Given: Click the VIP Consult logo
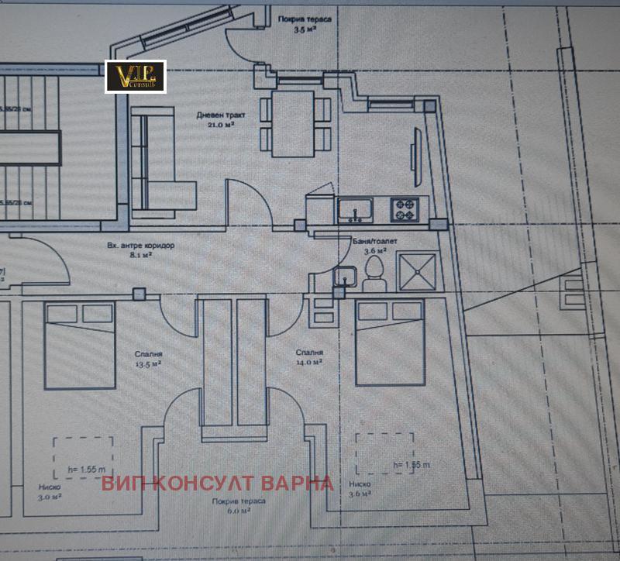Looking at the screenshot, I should pyautogui.click(x=135, y=77).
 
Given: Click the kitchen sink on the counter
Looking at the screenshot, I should pyautogui.click(x=355, y=208).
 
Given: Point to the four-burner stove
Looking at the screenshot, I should pyautogui.click(x=405, y=208).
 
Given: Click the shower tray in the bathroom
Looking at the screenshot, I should pyautogui.click(x=418, y=271).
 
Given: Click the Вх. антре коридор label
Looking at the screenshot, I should pyautogui.click(x=140, y=245).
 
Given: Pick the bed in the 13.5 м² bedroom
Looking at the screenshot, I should pyautogui.click(x=79, y=345).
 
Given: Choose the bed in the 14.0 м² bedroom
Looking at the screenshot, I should pyautogui.click(x=389, y=342).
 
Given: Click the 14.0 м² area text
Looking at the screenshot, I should pyautogui.click(x=308, y=362).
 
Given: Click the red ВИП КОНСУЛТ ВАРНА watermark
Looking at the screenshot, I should pyautogui.click(x=217, y=484).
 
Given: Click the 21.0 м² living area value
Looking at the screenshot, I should pyautogui.click(x=220, y=124).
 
